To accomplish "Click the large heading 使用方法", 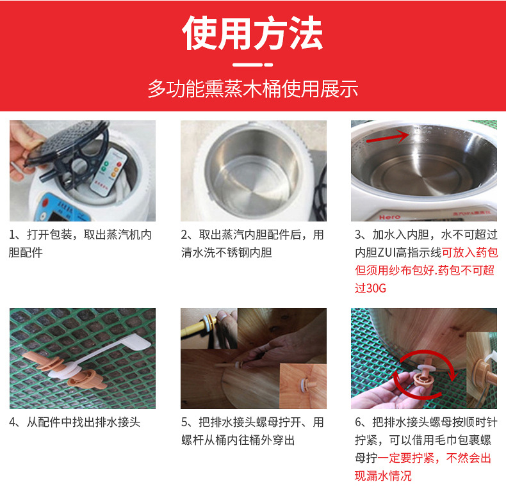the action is point(252,33).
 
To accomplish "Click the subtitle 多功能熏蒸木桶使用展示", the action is point(253,89).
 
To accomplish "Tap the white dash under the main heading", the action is point(252,65).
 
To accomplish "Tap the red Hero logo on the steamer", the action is point(389,217).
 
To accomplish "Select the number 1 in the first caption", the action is point(12,235).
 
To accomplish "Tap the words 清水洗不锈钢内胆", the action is point(226,253).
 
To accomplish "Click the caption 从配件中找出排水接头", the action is point(83,422).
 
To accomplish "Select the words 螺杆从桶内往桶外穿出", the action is point(238,440).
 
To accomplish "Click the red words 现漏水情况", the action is point(383,476).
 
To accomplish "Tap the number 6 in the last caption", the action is point(358,422).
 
